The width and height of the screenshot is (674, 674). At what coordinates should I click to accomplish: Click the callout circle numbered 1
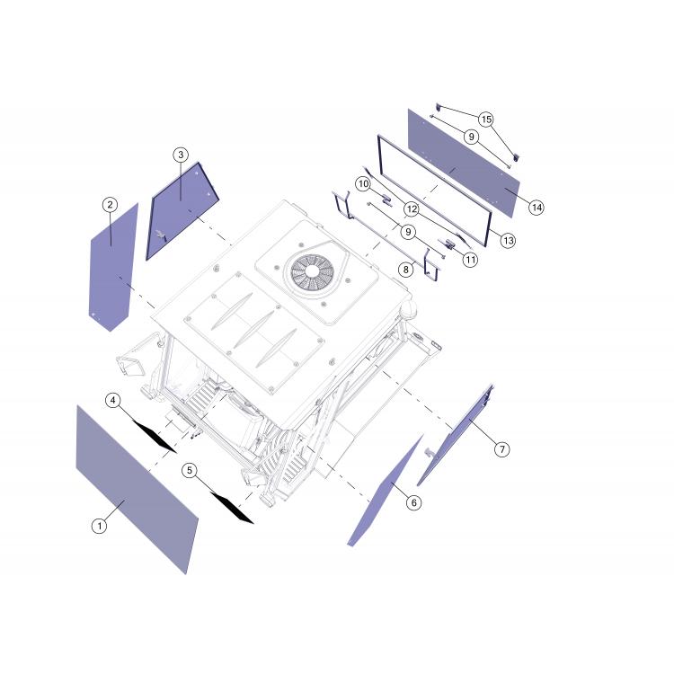pos(99,526)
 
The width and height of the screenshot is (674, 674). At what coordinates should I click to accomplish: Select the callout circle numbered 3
pos(181,155)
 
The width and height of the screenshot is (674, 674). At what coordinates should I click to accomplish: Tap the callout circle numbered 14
pos(537,208)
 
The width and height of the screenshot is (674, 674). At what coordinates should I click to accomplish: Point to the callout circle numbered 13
pos(508,240)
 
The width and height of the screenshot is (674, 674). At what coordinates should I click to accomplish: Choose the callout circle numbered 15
pos(486,119)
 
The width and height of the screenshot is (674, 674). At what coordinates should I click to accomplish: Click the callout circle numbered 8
pos(406,270)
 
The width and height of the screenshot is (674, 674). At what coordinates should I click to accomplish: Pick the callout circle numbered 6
pos(413,502)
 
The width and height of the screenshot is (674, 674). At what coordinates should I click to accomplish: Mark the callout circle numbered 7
pos(501,449)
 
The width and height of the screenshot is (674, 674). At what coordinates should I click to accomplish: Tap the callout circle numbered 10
pos(364,184)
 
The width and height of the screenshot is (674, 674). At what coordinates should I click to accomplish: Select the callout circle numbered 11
pos(471,260)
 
